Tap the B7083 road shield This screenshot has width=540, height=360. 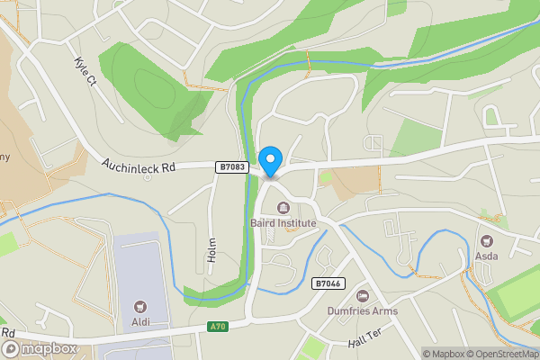(x=231, y=166)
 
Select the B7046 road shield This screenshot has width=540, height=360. (x=328, y=283)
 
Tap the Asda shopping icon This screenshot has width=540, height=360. (x=487, y=241)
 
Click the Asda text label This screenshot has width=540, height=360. (x=487, y=256)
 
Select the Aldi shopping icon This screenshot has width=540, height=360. (x=140, y=308)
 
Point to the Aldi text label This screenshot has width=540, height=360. (x=140, y=322)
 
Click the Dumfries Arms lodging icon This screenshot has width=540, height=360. (x=363, y=296)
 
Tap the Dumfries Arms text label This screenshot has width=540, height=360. (x=363, y=311)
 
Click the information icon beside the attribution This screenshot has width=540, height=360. (x=414, y=354)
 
